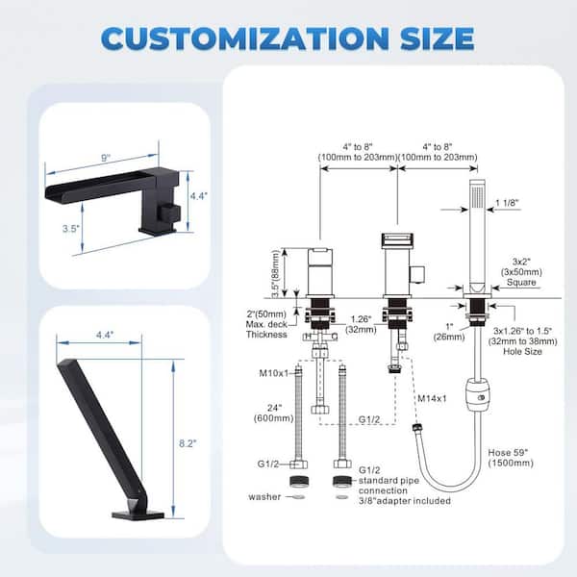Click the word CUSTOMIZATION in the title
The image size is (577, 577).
pyautogui.click(x=244, y=38)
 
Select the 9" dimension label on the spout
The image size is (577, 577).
pyautogui.click(x=106, y=158)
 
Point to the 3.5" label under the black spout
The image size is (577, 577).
pyautogui.click(x=70, y=229)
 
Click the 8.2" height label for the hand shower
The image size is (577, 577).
pyautogui.click(x=188, y=443)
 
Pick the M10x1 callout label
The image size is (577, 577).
pyautogui.click(x=274, y=373)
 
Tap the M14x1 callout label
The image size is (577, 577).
pyautogui.click(x=432, y=398)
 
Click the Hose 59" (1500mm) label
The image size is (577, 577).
pyautogui.click(x=511, y=458)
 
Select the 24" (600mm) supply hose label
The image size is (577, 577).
pyautogui.click(x=274, y=413)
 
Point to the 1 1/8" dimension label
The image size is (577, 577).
pyautogui.click(x=507, y=203)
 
